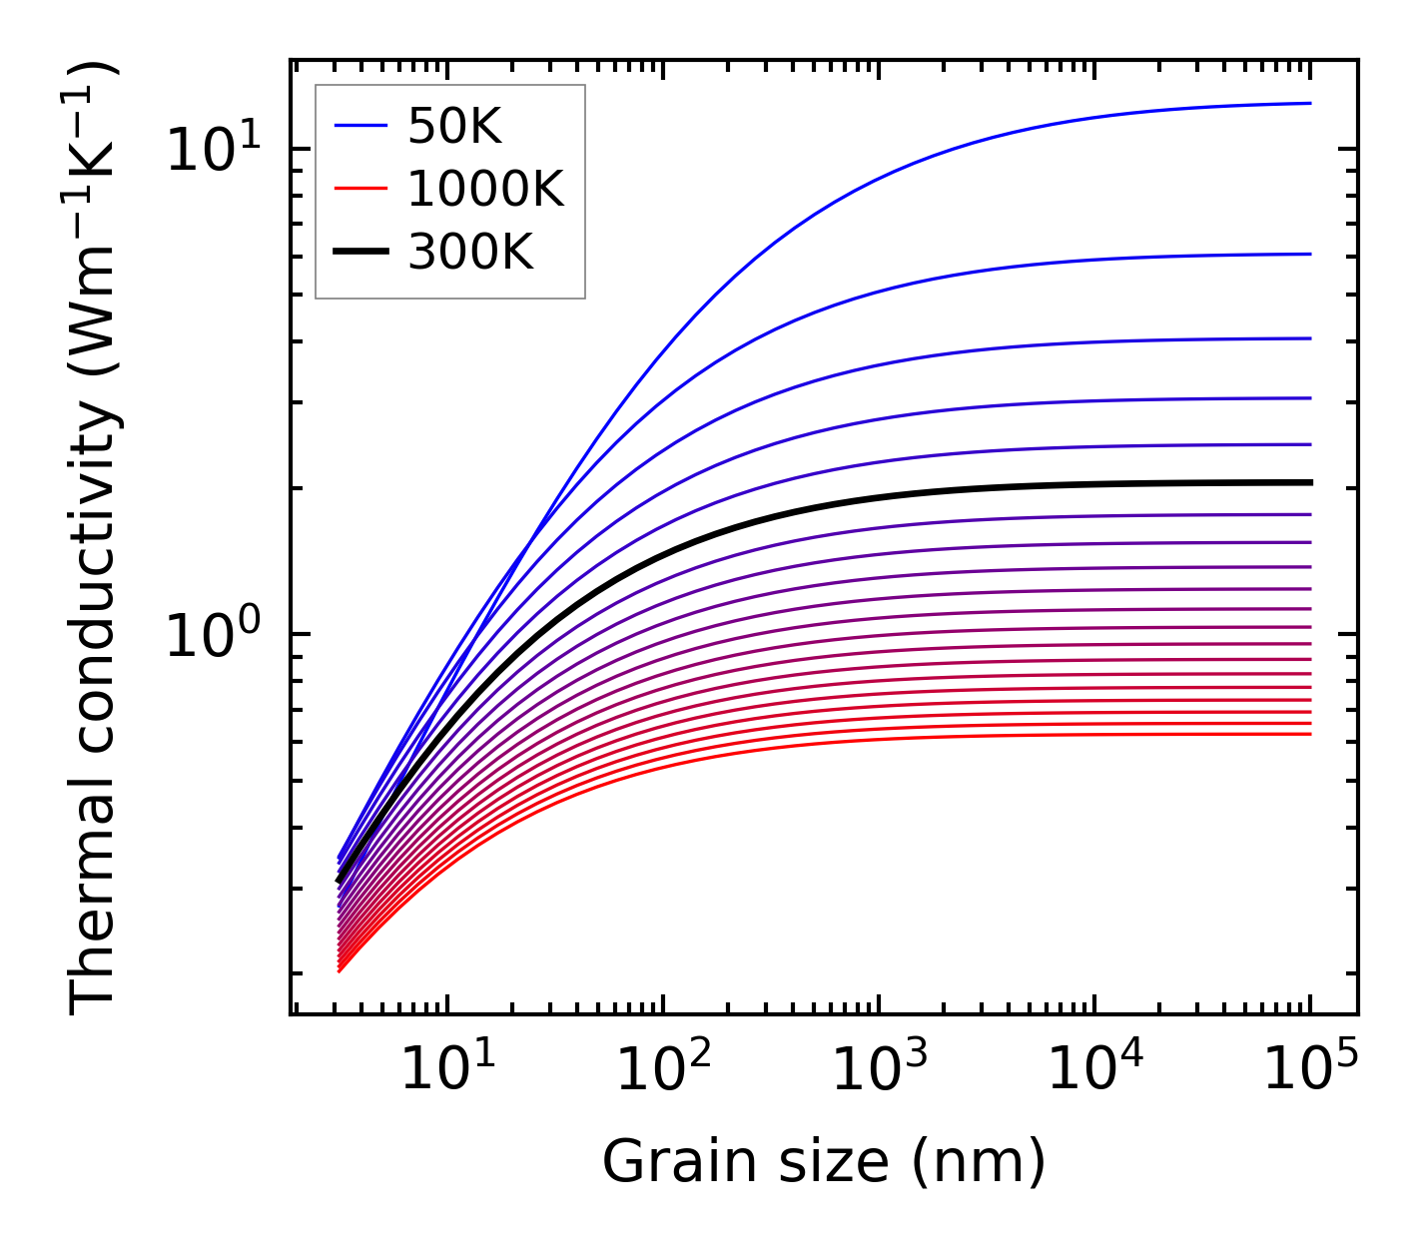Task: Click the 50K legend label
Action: click(454, 126)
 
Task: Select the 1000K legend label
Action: click(485, 189)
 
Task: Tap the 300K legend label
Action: click(470, 253)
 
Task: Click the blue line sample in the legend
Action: click(359, 126)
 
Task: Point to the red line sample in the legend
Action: click(359, 189)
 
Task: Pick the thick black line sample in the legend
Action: click(359, 253)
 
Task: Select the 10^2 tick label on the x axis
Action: click(663, 1071)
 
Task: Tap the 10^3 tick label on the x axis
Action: click(879, 1071)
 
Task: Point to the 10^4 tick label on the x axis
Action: click(1094, 1071)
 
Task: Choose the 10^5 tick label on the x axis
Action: click(1310, 1071)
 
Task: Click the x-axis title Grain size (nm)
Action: click(824, 1163)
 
